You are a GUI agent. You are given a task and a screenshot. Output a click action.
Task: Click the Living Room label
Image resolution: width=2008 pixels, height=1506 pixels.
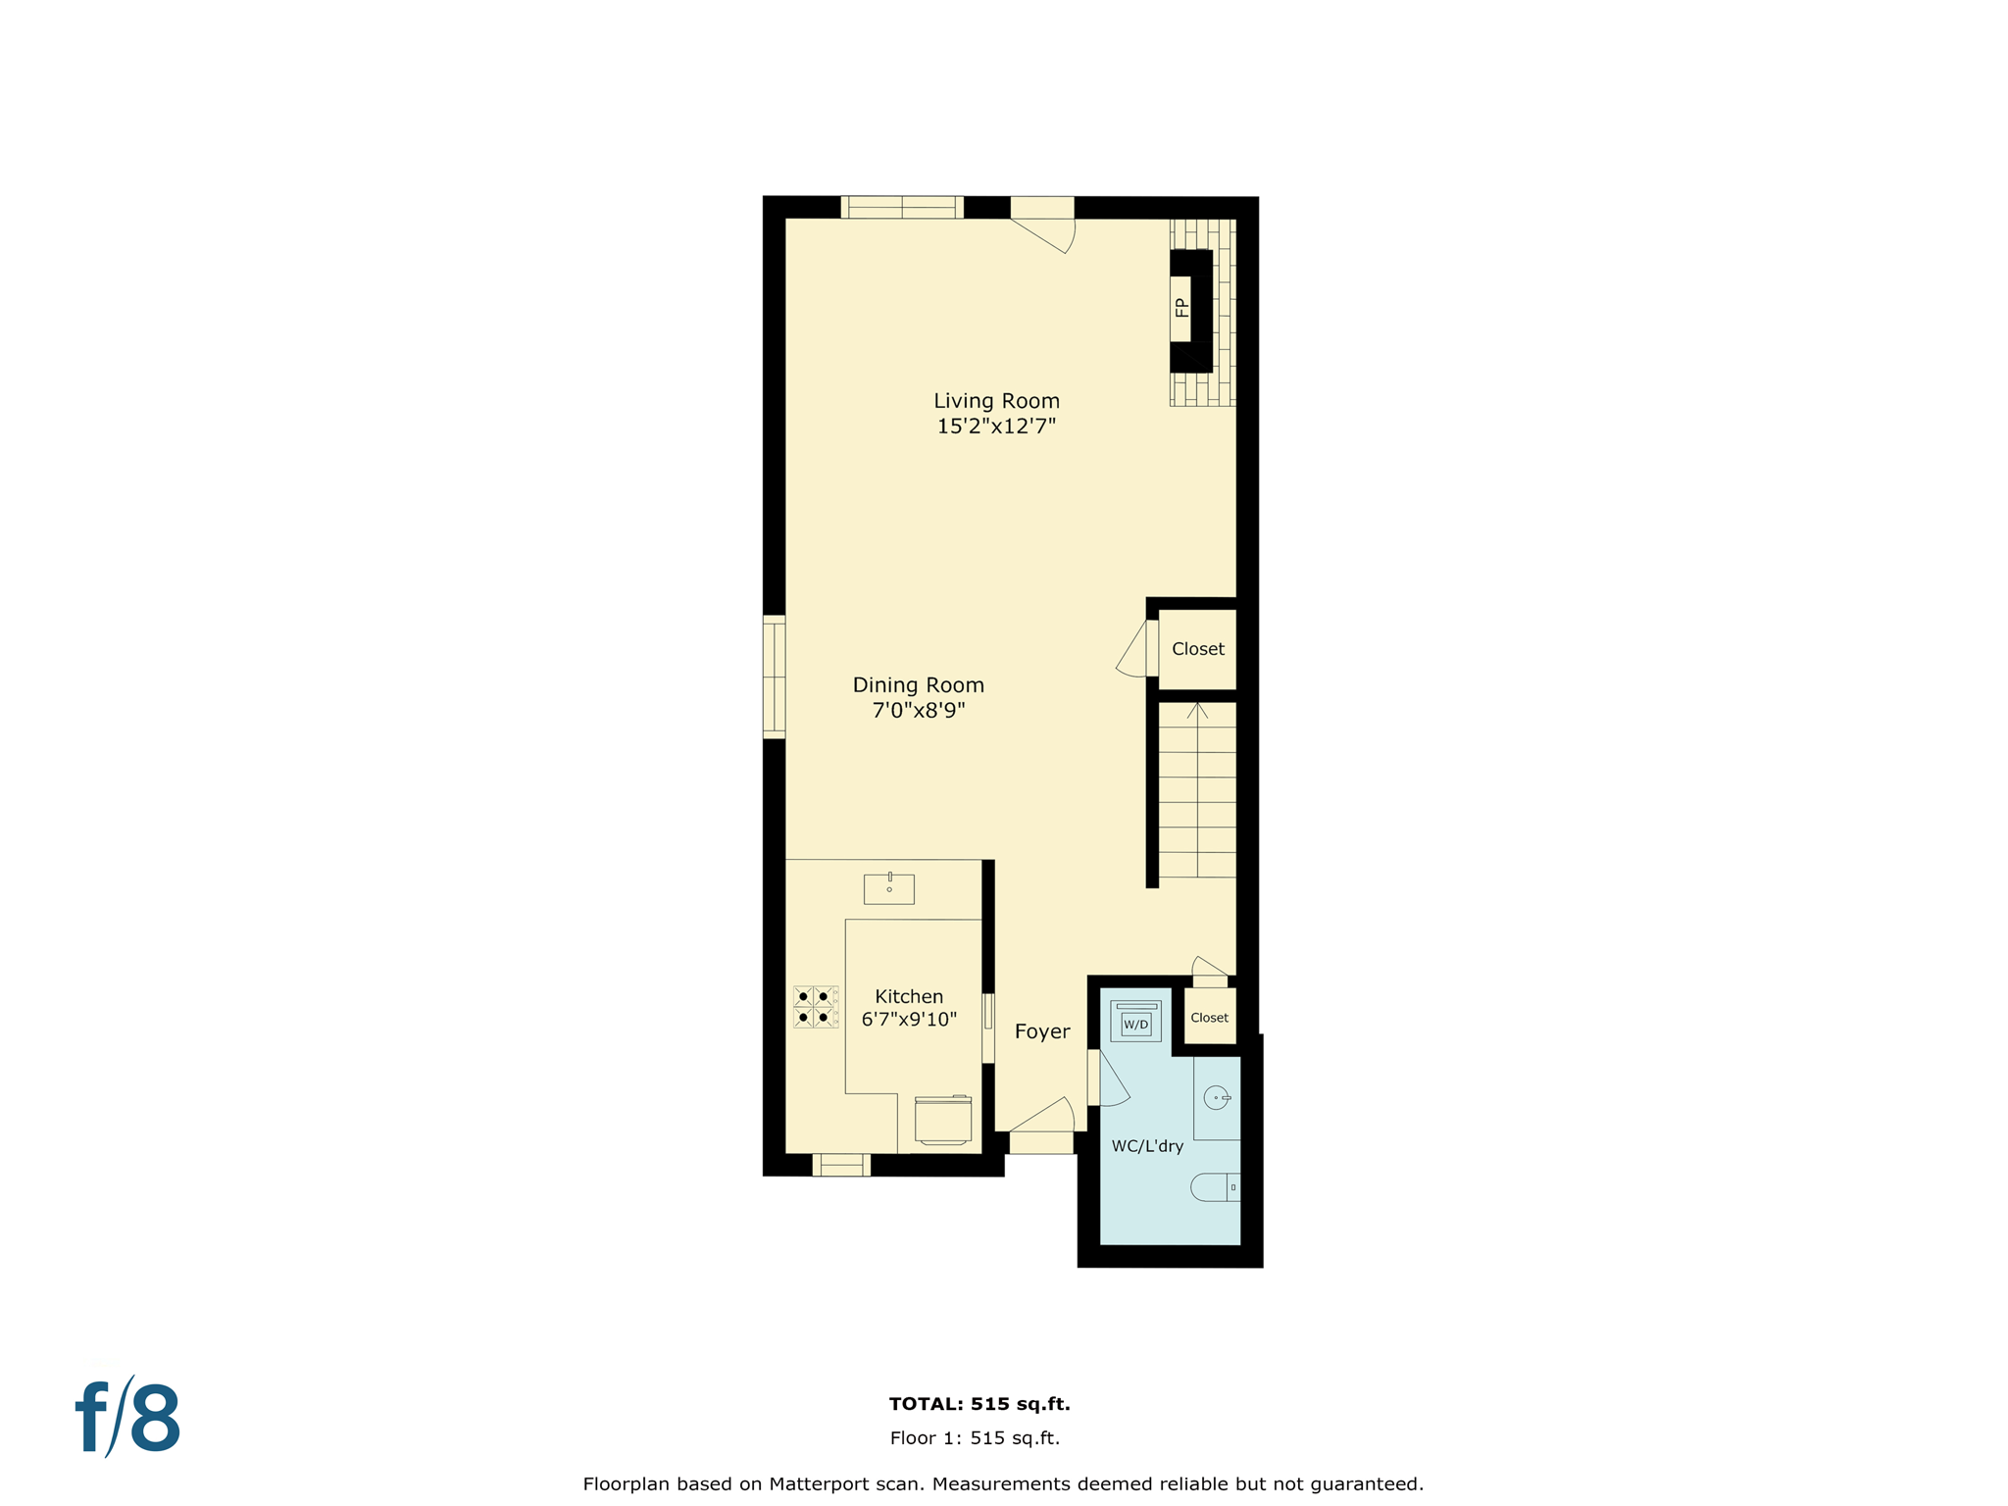996,401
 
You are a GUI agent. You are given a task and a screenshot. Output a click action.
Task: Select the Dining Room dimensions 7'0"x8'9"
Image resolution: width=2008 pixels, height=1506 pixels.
919,711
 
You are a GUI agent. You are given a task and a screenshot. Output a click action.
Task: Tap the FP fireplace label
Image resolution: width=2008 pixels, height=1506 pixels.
1181,308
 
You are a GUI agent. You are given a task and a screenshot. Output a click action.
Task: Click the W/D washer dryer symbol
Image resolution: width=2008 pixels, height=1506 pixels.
1135,1023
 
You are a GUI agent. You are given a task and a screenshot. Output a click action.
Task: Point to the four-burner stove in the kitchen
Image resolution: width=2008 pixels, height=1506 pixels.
816,1007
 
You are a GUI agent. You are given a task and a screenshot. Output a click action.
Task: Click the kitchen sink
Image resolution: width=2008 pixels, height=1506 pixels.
888,889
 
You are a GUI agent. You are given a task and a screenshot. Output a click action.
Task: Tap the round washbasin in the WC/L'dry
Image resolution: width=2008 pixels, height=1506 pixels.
1216,1098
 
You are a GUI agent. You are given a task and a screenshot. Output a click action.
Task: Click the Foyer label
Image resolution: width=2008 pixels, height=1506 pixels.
1042,1031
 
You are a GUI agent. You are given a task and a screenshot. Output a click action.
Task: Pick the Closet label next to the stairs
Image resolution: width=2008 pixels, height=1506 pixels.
1198,649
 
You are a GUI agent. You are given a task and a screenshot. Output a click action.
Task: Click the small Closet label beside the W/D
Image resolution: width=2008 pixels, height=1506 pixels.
1209,1018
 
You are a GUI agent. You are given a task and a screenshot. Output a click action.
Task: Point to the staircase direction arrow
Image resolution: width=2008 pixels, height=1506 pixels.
1197,711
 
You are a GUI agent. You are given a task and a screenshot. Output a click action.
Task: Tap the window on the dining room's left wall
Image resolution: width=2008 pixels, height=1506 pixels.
774,677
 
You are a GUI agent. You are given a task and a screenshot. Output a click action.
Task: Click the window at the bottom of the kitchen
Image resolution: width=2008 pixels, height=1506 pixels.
841,1165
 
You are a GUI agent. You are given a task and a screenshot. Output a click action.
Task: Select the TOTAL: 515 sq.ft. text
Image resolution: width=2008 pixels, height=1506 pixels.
979,1404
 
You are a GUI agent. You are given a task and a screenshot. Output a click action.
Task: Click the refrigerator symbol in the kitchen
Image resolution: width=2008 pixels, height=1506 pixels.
943,1120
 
